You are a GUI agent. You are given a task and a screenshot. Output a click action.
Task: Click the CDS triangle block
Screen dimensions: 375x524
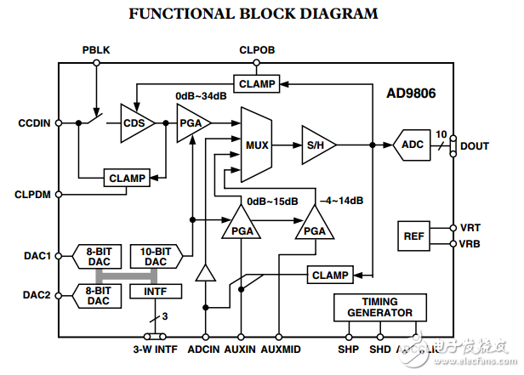(134, 122)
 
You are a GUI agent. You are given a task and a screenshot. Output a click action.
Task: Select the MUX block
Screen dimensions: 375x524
(256, 145)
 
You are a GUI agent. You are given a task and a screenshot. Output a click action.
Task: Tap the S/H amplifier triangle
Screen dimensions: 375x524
(316, 144)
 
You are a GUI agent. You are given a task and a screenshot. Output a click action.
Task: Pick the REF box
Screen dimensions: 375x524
(413, 236)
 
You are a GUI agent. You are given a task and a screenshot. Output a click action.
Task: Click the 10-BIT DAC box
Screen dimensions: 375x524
(156, 256)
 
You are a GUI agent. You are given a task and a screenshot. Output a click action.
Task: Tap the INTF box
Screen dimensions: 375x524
(156, 292)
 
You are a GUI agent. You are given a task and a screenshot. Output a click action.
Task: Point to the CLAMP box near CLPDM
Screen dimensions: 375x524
(126, 178)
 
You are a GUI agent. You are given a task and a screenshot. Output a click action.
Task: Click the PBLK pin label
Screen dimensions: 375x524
(96, 50)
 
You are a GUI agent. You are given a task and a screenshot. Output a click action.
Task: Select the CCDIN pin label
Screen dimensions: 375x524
(35, 122)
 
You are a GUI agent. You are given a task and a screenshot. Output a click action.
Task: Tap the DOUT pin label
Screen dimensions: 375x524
(475, 145)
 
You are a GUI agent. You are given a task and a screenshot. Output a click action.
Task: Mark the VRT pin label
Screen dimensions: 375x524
(470, 228)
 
